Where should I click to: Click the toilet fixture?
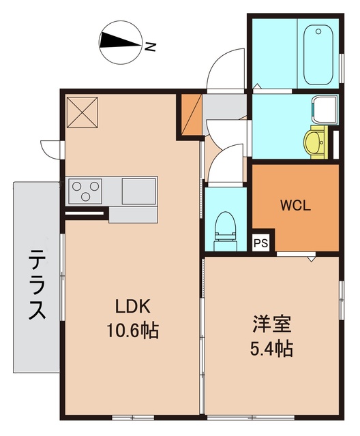click(x=224, y=228)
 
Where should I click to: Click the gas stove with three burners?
click(x=85, y=189)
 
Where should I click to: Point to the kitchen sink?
click(x=139, y=189)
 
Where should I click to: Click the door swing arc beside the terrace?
click(x=50, y=147)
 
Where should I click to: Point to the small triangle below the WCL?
click(x=310, y=259)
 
